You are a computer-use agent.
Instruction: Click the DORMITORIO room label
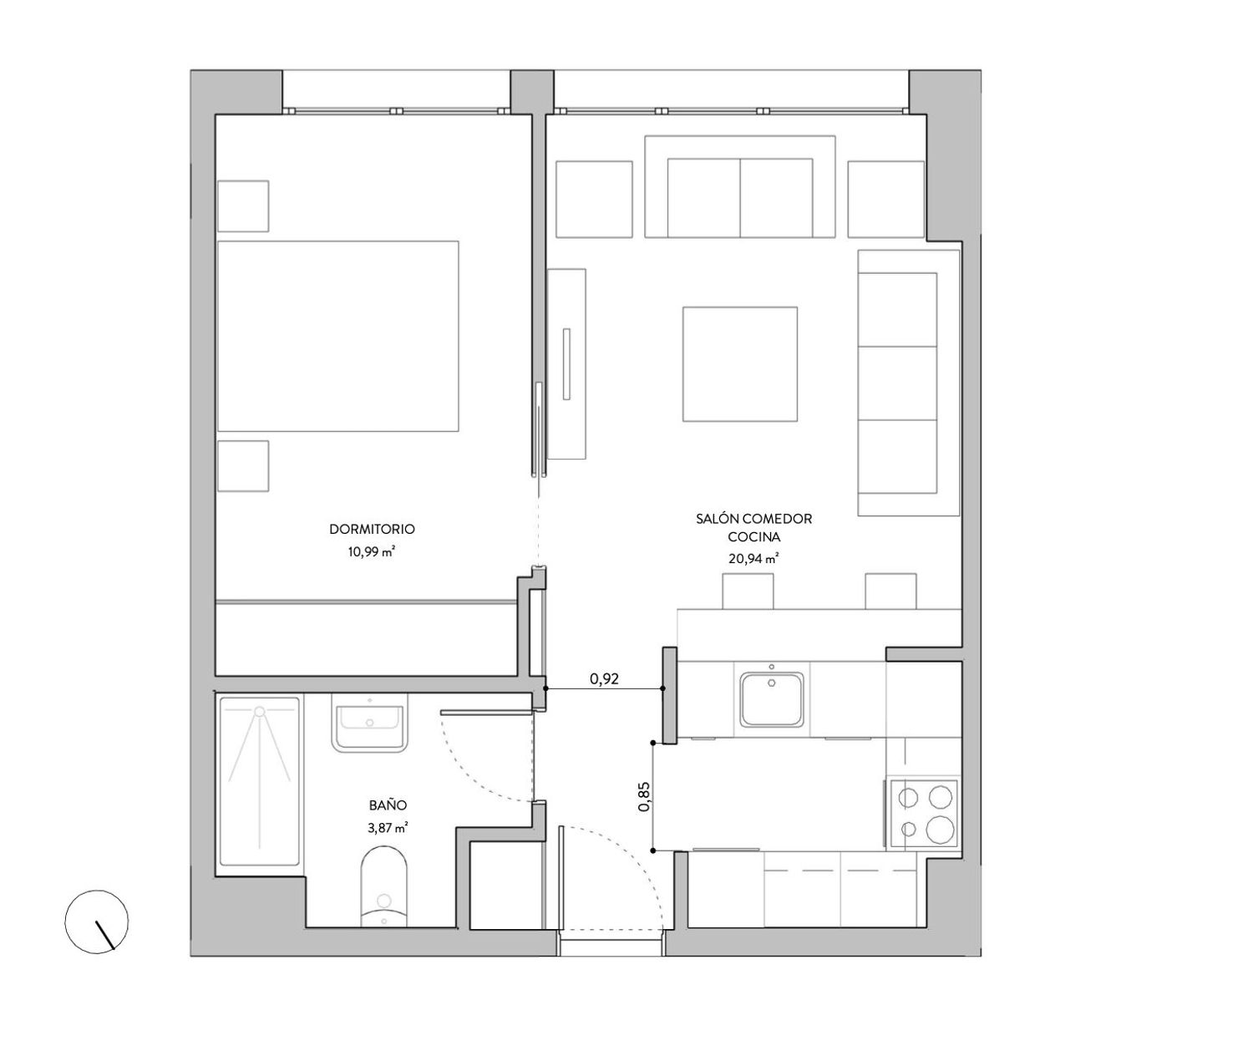pyautogui.click(x=372, y=530)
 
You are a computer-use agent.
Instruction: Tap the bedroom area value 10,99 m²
pyautogui.click(x=371, y=551)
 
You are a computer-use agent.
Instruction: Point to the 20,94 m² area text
pyautogui.click(x=753, y=559)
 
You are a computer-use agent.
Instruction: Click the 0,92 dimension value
pyautogui.click(x=604, y=678)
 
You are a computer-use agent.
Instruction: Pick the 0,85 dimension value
pyautogui.click(x=644, y=796)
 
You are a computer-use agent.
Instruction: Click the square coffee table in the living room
pyautogui.click(x=740, y=364)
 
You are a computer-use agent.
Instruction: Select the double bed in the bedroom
pyautogui.click(x=337, y=336)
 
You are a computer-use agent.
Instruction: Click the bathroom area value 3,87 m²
pyautogui.click(x=388, y=828)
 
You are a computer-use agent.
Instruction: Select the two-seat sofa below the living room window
pyautogui.click(x=740, y=186)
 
